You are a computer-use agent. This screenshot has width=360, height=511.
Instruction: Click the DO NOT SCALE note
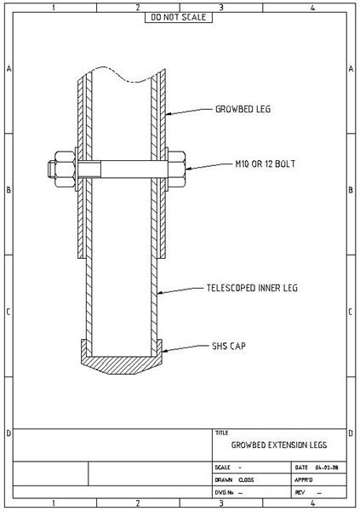[x=179, y=16]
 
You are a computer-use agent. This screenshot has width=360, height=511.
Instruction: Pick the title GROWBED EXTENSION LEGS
[x=278, y=445]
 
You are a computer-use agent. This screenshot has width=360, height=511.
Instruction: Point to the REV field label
[x=300, y=491]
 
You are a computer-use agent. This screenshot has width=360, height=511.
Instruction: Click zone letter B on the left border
[x=8, y=189]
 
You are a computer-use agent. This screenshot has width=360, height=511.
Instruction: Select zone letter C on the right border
[x=351, y=311]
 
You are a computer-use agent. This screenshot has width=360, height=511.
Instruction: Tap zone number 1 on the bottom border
[x=53, y=503]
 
